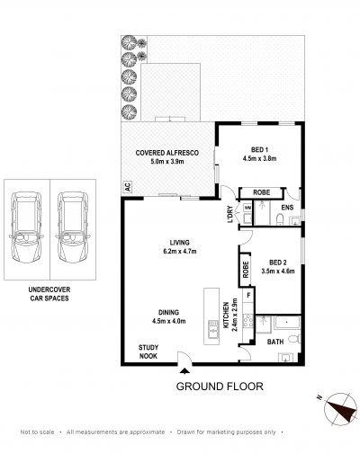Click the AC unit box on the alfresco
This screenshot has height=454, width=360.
coord(128,187)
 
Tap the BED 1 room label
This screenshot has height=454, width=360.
coord(259,149)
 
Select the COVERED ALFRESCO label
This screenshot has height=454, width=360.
coord(167,153)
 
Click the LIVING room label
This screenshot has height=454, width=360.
coord(180,243)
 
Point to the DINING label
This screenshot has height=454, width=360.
coord(169,312)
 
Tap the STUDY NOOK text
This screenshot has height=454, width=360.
coord(148,352)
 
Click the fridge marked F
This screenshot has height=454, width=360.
coord(248,296)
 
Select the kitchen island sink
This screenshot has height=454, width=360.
coord(213,329)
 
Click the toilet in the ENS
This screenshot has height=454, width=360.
coord(279,219)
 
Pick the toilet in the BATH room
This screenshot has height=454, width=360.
coord(294,339)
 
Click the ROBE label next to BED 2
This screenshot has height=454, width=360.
coord(246,270)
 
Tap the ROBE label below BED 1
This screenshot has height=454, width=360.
coord(262,192)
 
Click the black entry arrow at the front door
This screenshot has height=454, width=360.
coord(184,371)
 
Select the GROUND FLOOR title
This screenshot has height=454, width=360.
coord(220,387)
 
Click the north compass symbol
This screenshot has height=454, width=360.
coord(340,409)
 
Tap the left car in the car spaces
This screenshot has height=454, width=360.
coord(26,227)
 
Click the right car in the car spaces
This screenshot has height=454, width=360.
coord(72,227)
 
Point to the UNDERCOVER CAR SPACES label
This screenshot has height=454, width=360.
coord(49,294)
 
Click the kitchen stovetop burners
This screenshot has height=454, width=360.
coord(248,321)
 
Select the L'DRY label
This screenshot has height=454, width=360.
coord(230,214)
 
